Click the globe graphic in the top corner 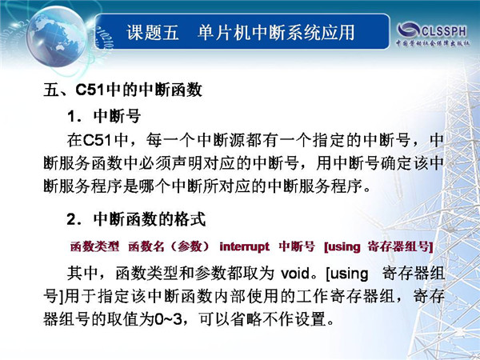pos(57,36)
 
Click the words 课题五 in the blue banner pos(153,33)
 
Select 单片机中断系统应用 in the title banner pos(276,33)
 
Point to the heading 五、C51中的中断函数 pos(122,90)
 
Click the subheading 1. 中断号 pos(104,116)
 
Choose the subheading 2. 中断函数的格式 pos(136,219)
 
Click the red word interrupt pos(244,246)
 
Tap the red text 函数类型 pos(94,246)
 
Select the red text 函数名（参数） pos(169,246)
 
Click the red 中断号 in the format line pos(296,246)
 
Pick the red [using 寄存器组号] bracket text pos(378,246)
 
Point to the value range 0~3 pos(168,319)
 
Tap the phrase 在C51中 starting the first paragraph pos(98,140)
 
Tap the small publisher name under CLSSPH pos(433,43)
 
